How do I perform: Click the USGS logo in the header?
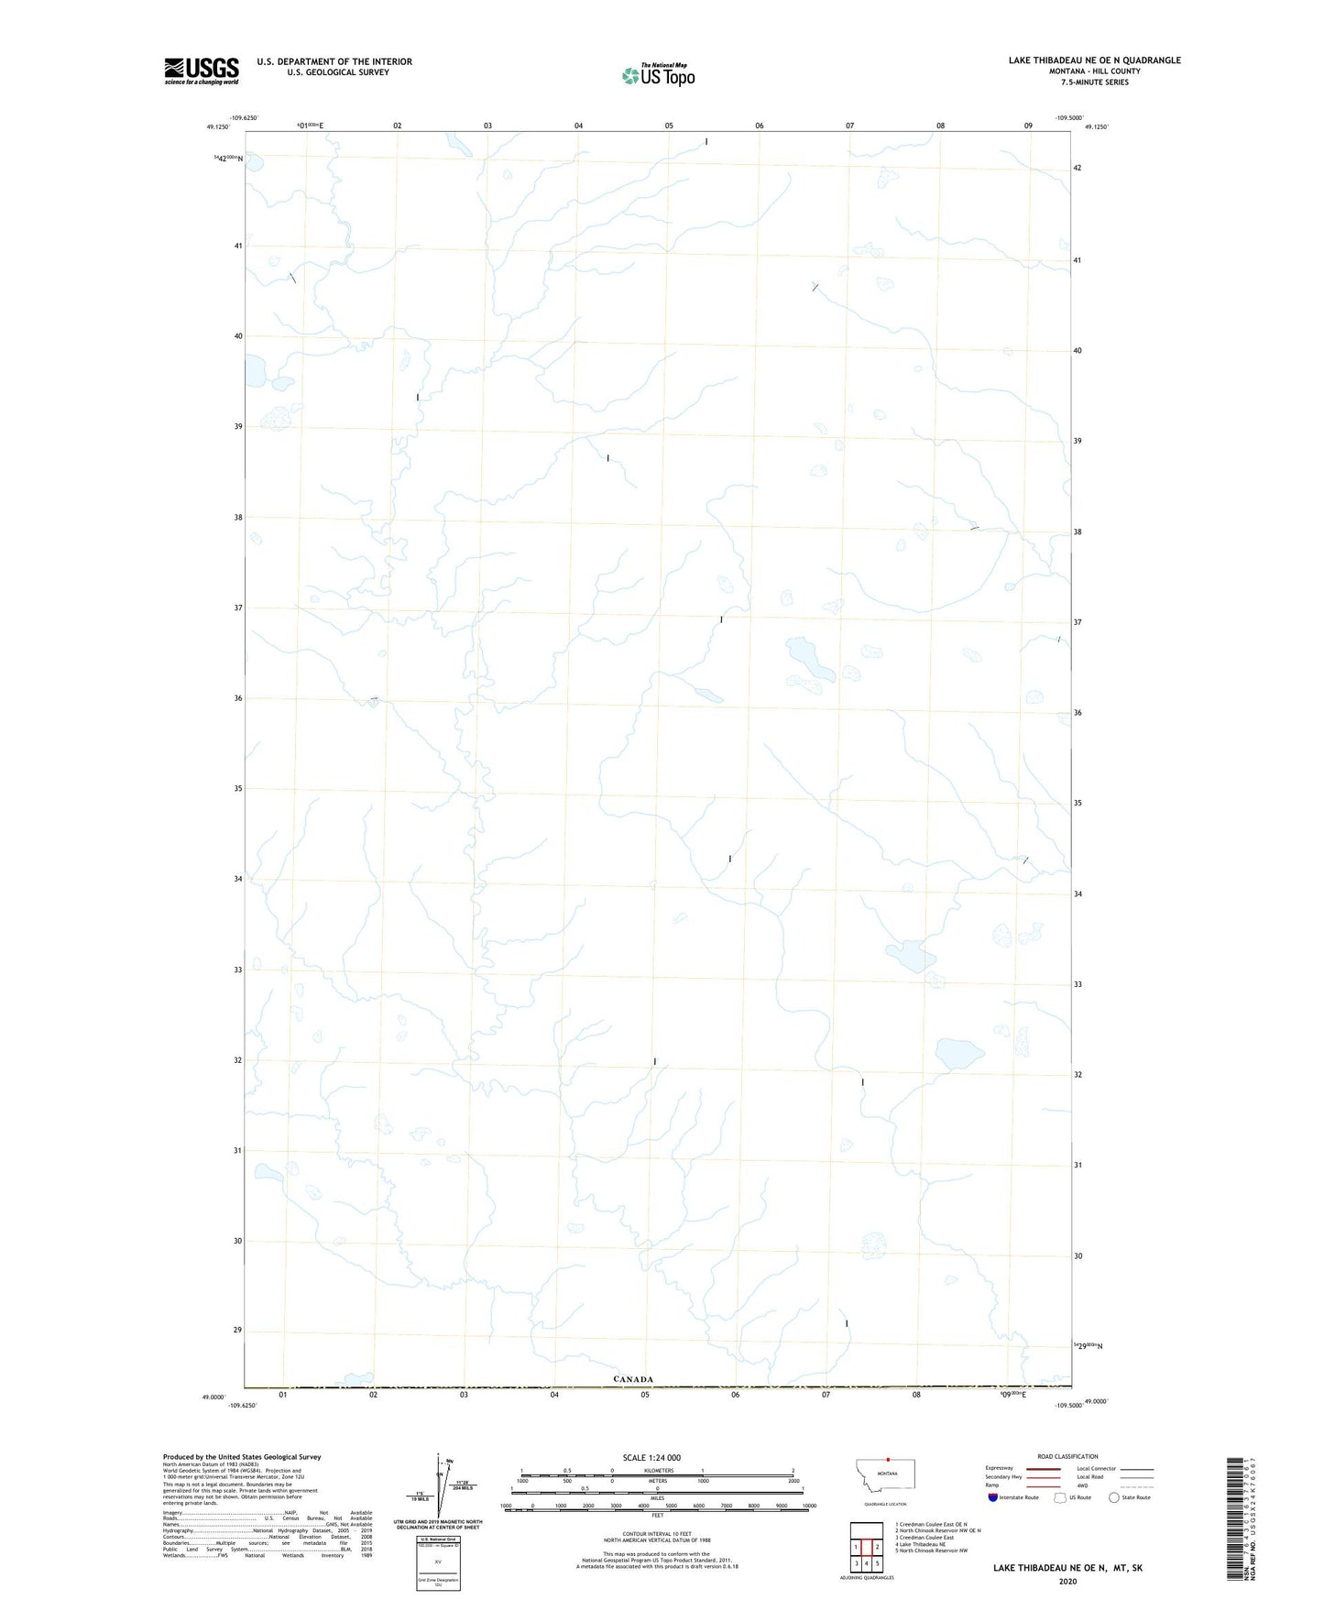click(202, 71)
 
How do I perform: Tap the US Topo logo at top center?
click(658, 75)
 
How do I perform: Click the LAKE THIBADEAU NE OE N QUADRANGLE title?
click(1094, 60)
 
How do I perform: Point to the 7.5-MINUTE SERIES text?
click(1094, 82)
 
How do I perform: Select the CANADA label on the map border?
click(633, 1379)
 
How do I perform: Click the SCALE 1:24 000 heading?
click(651, 1458)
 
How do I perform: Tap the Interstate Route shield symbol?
click(993, 1497)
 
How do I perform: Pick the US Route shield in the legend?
click(1061, 1497)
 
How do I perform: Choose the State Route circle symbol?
click(1114, 1497)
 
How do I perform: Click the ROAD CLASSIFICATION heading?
click(1067, 1456)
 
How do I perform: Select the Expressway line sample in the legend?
click(1043, 1468)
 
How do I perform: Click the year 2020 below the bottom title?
click(1067, 1581)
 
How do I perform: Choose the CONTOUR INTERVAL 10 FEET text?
click(657, 1532)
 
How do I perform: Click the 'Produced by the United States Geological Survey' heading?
click(242, 1456)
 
